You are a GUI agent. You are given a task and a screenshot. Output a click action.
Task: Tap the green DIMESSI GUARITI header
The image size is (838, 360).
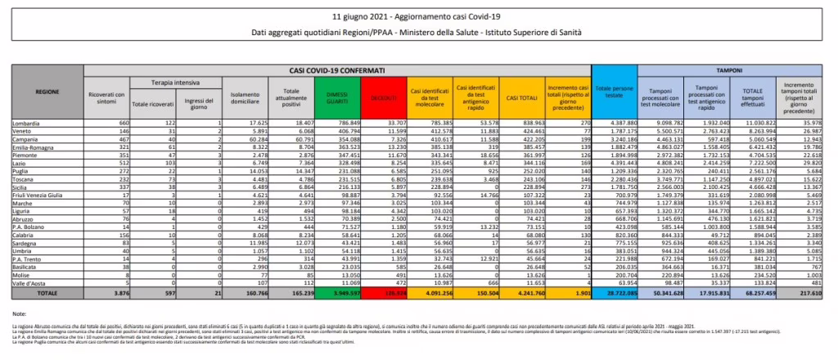333,97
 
